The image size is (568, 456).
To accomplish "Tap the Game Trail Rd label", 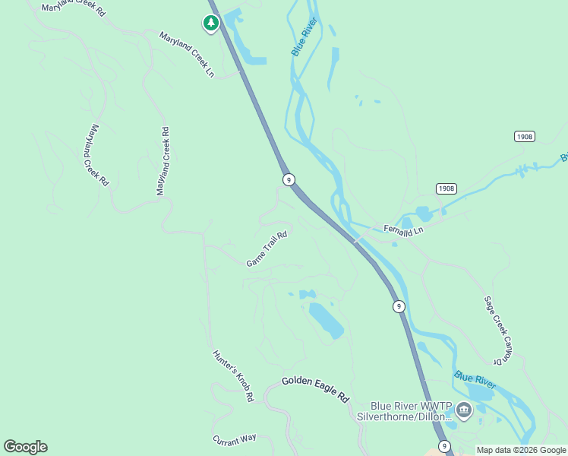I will click(x=267, y=249).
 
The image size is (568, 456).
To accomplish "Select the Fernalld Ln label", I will click(x=403, y=230).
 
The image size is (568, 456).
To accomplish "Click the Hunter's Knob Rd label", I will click(x=232, y=375).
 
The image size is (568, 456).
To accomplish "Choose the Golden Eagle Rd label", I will click(x=315, y=388).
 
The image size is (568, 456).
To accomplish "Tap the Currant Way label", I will click(x=235, y=439).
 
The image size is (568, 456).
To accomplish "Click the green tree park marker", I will click(x=211, y=24).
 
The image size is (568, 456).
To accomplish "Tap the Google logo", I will click(x=25, y=447).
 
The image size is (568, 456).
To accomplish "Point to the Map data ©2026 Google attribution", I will click(x=522, y=450).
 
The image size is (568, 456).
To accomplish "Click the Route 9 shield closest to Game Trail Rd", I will click(x=289, y=179).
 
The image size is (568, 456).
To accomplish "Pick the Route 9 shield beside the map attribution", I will click(x=444, y=446).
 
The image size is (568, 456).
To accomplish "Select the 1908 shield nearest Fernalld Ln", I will click(x=447, y=188).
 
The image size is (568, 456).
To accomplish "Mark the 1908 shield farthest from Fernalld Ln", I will click(x=525, y=136).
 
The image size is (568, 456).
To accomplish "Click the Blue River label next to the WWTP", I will click(x=475, y=380).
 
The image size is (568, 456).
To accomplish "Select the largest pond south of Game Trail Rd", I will click(x=325, y=320).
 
